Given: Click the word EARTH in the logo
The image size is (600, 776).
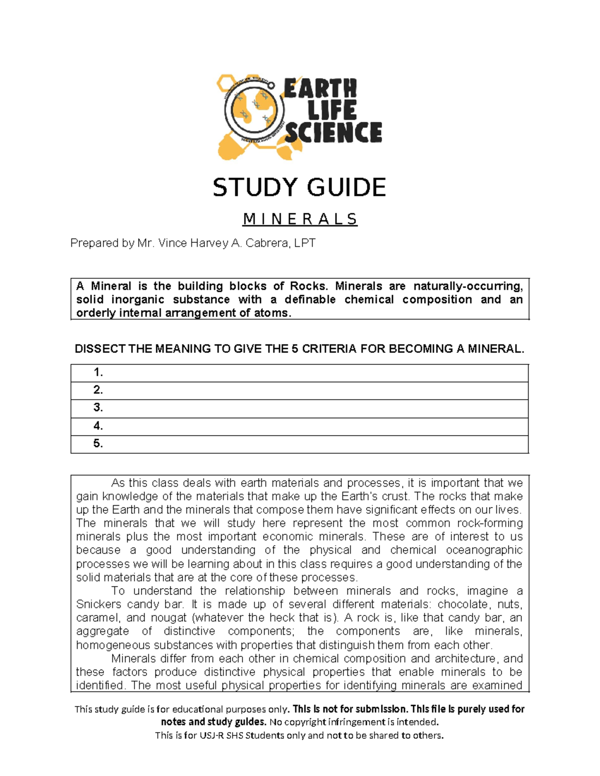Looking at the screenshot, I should tap(320, 88).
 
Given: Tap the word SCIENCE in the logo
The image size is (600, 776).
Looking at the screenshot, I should tap(333, 133).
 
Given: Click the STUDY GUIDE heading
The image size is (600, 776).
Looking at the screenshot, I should tap(299, 188).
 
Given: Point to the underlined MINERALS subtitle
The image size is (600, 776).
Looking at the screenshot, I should tap(300, 219).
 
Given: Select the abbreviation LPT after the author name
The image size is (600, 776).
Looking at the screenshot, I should tap(304, 243).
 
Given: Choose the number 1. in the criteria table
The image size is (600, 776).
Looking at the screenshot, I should tap(98, 372).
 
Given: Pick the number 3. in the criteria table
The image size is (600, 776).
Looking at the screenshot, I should tap(98, 408).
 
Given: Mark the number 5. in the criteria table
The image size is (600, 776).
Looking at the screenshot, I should tap(98, 444).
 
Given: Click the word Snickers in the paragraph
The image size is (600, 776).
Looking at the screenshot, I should tap(98, 605).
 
